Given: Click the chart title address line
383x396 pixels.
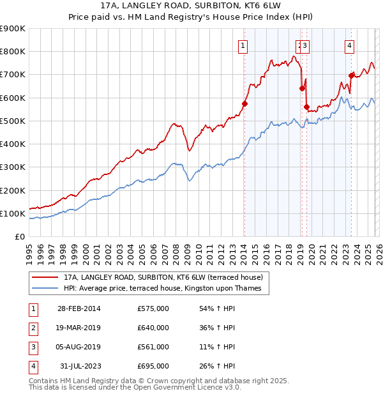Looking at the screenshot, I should point(191,5).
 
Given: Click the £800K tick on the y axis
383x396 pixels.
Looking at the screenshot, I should point(13,52).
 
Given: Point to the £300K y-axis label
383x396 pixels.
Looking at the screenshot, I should point(13,167).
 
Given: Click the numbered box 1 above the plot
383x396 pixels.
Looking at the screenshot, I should point(244,45).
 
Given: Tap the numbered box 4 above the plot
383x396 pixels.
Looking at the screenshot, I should point(350,45).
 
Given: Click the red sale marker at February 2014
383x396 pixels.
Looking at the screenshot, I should point(244,103).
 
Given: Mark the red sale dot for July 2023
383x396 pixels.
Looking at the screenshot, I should point(350,75).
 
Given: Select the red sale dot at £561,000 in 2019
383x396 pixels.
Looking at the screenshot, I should point(306,107).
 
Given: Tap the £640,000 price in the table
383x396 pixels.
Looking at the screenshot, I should point(153,328).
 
